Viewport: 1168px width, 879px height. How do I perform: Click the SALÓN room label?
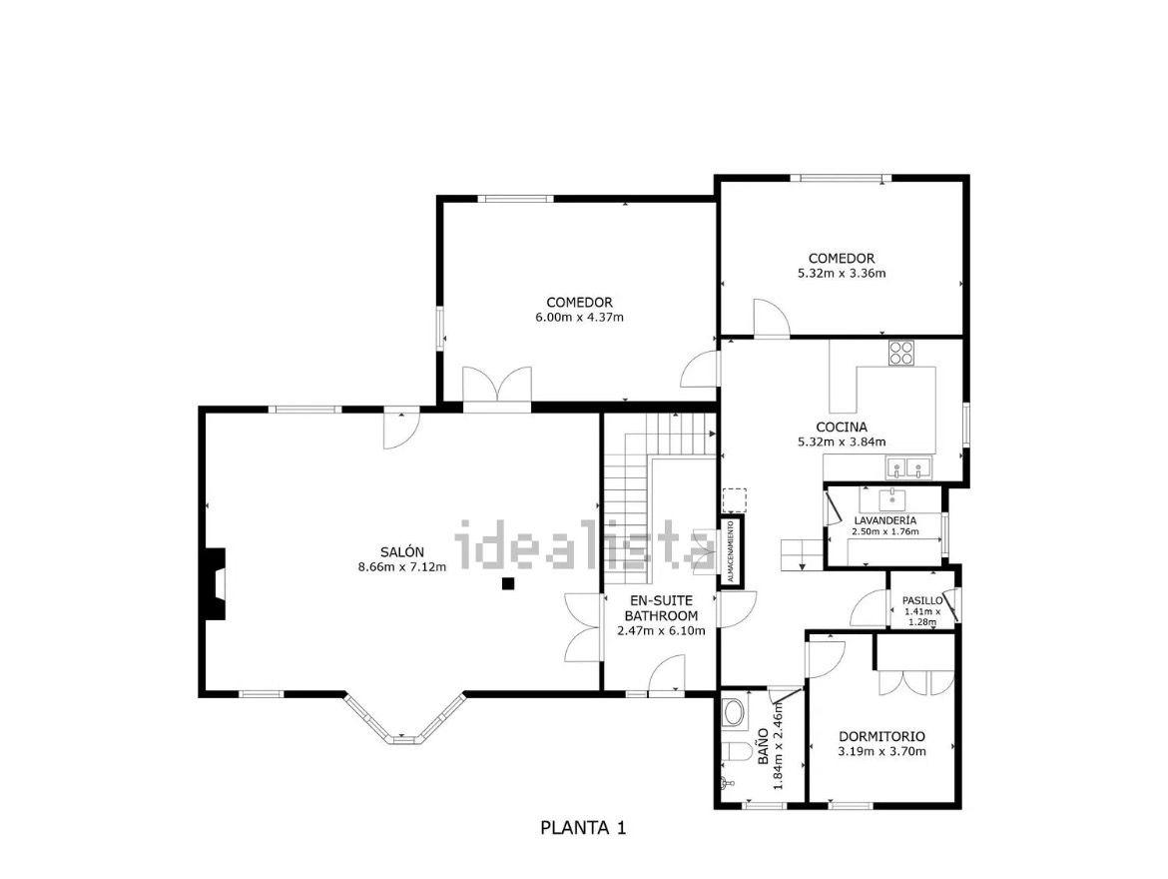402,551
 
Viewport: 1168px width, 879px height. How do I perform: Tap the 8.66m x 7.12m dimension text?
402,566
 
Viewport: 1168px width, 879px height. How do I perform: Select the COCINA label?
842,428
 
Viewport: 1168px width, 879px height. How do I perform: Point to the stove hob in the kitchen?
901,353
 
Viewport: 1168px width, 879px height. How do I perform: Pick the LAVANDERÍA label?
885,520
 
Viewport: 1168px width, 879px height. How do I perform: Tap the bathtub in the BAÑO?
734,713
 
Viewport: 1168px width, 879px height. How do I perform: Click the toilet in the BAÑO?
735,752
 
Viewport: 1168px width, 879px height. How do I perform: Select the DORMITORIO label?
881,736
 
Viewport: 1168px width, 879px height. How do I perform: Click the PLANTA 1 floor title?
583,827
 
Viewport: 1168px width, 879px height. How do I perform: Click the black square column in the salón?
508,583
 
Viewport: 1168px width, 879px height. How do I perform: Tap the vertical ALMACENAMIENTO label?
731,551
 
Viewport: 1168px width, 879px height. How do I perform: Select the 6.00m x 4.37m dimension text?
580,317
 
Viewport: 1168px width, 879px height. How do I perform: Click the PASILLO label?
922,600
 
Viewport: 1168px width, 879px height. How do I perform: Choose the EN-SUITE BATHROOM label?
661,608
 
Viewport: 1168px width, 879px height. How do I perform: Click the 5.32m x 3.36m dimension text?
842,273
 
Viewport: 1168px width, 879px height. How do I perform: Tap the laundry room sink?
891,497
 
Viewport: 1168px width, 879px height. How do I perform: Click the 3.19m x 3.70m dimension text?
881,751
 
